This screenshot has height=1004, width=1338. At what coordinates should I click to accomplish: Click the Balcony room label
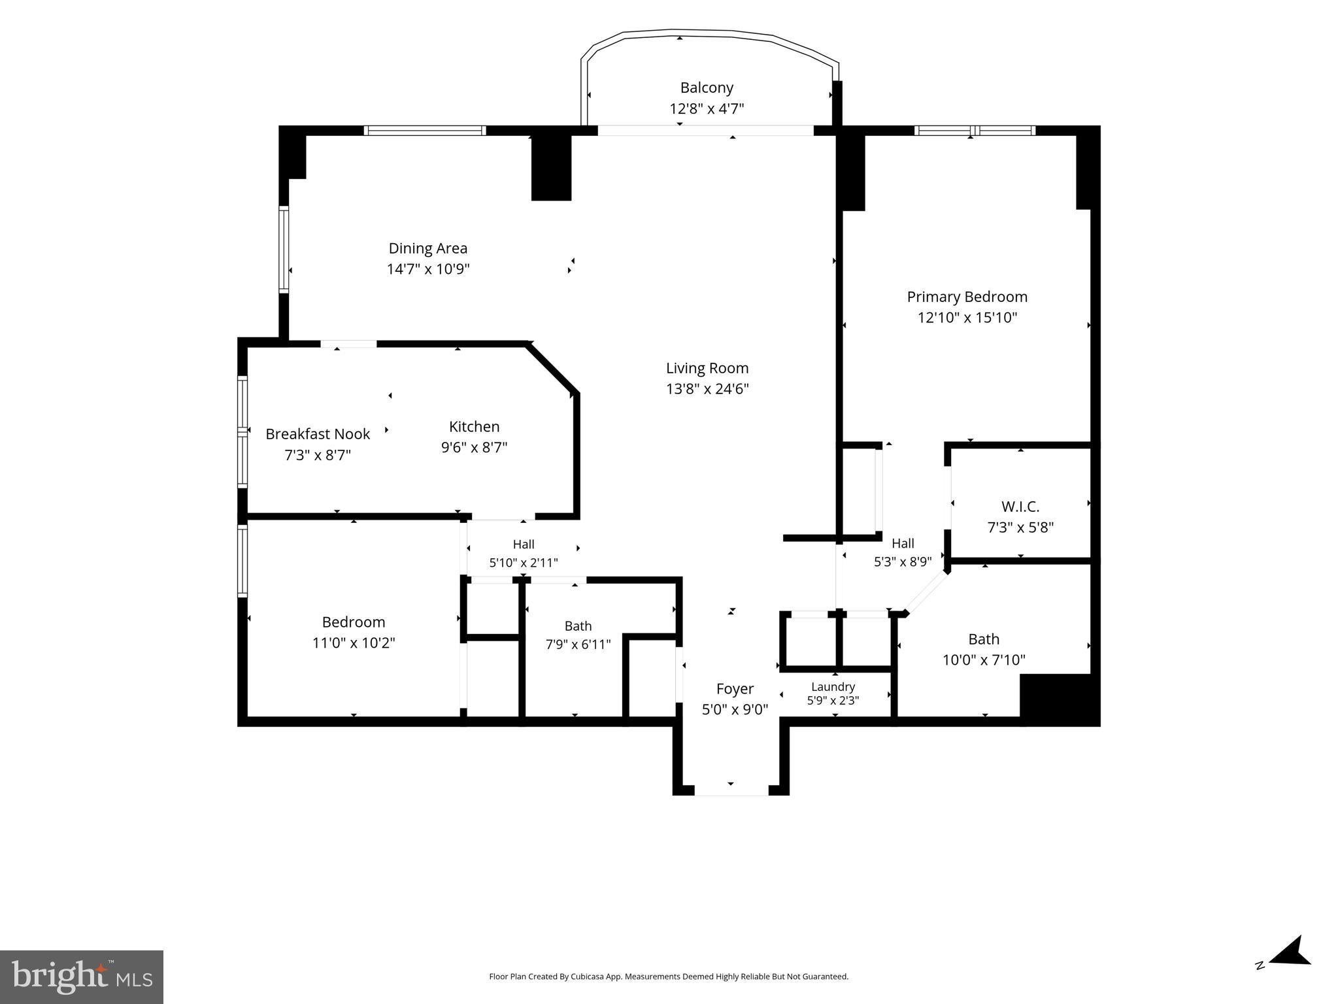pyautogui.click(x=707, y=88)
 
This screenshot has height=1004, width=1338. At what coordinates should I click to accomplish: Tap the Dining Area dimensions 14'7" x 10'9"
pyautogui.click(x=428, y=269)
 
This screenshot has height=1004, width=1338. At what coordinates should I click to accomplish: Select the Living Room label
pyautogui.click(x=707, y=368)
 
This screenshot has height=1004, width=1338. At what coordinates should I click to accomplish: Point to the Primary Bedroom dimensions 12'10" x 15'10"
pyautogui.click(x=967, y=318)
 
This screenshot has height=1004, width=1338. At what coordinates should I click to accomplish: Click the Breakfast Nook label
pyautogui.click(x=318, y=434)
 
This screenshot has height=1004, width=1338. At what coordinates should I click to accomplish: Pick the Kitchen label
pyautogui.click(x=475, y=427)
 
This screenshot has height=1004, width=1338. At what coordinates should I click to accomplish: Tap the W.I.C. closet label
pyautogui.click(x=1020, y=507)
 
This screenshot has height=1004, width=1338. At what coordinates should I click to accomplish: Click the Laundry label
pyautogui.click(x=833, y=687)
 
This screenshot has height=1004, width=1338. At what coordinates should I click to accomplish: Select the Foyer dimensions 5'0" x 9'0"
pyautogui.click(x=735, y=710)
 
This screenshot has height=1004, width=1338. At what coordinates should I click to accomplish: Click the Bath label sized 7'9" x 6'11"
pyautogui.click(x=578, y=626)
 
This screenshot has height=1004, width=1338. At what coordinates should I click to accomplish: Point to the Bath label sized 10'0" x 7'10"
pyautogui.click(x=984, y=639)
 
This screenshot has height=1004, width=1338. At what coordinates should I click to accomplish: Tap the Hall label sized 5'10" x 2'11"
pyautogui.click(x=524, y=544)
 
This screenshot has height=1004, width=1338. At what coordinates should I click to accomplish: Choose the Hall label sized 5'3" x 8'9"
pyautogui.click(x=903, y=543)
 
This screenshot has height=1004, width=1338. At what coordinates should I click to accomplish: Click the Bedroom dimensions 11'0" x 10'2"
pyautogui.click(x=354, y=643)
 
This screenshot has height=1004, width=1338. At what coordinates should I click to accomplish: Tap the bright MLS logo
pyautogui.click(x=82, y=977)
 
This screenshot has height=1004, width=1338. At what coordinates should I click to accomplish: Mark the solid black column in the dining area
pyautogui.click(x=551, y=168)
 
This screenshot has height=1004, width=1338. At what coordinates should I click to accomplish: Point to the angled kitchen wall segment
pyautogui.click(x=552, y=367)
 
